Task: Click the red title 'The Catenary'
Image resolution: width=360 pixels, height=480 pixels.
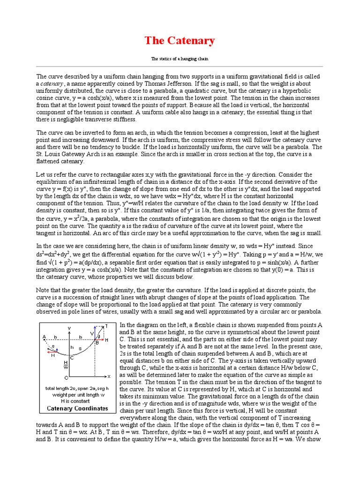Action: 180,41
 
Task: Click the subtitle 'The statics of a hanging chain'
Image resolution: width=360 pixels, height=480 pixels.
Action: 180,59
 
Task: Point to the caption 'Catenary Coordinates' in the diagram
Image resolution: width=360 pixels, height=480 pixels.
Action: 77,408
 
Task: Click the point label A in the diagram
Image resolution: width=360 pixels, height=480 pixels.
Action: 44,336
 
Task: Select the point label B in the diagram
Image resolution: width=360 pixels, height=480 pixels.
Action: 97,343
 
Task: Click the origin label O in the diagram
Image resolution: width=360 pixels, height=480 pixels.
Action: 66,377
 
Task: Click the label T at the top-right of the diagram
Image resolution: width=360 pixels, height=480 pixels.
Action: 106,325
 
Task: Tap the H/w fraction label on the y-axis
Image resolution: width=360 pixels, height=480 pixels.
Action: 66,365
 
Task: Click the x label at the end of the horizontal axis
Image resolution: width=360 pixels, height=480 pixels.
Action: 109,376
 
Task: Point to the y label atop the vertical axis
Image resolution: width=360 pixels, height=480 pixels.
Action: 69,328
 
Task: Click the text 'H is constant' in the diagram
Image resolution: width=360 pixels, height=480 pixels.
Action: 77,401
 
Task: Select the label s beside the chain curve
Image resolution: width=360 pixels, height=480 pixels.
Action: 81,349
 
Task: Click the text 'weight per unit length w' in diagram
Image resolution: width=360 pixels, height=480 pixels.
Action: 77,395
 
